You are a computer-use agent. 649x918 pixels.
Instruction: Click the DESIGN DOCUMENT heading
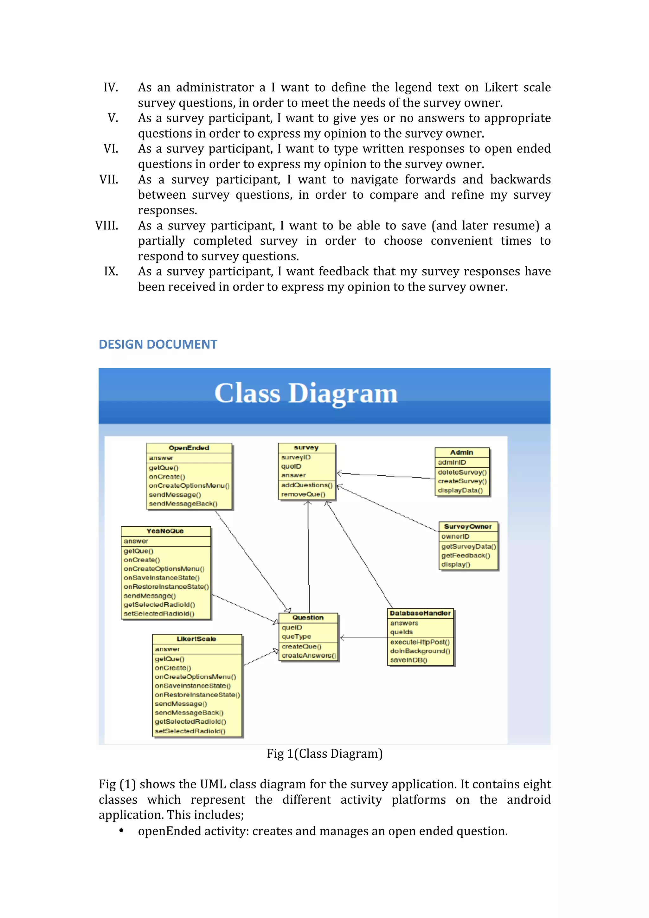click(x=157, y=344)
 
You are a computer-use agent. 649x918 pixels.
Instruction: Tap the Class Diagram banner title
click(x=306, y=394)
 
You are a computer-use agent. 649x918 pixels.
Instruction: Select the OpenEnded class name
click(x=189, y=448)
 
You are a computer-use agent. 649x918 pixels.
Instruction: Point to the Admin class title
click(x=461, y=452)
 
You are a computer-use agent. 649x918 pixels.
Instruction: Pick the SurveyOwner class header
click(x=467, y=527)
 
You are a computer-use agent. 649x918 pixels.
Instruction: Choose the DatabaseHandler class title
click(x=420, y=613)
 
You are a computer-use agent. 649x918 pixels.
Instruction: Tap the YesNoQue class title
click(x=165, y=531)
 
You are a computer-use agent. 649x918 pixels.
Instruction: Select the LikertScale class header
click(x=196, y=639)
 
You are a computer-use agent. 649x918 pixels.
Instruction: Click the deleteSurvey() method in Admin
click(x=462, y=472)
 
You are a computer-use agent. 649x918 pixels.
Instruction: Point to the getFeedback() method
click(x=466, y=555)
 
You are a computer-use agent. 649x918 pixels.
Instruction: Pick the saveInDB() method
click(x=409, y=660)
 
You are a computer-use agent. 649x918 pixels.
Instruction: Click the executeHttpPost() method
click(x=420, y=642)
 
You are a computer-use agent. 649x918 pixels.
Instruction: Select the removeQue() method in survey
click(x=303, y=494)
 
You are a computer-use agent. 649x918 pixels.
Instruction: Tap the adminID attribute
click(x=452, y=462)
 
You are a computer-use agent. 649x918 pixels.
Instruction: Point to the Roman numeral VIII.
click(x=107, y=226)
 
